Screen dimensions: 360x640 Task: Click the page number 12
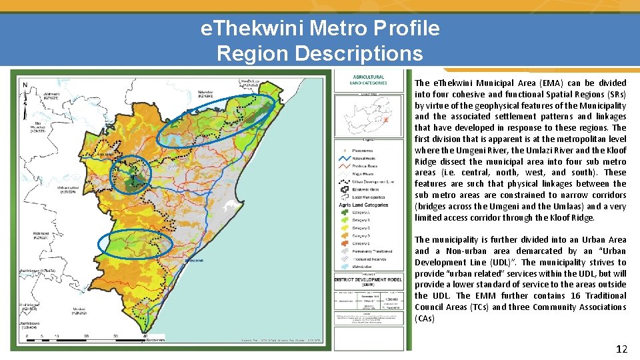621,349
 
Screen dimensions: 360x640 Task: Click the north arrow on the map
25,85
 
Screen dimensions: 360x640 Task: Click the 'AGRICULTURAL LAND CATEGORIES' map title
369,79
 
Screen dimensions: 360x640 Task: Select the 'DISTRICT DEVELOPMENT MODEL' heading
368,280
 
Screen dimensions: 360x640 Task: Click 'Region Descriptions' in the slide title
319,53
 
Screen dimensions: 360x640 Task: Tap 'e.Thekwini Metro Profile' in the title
320,29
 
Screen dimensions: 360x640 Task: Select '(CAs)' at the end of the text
425,319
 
